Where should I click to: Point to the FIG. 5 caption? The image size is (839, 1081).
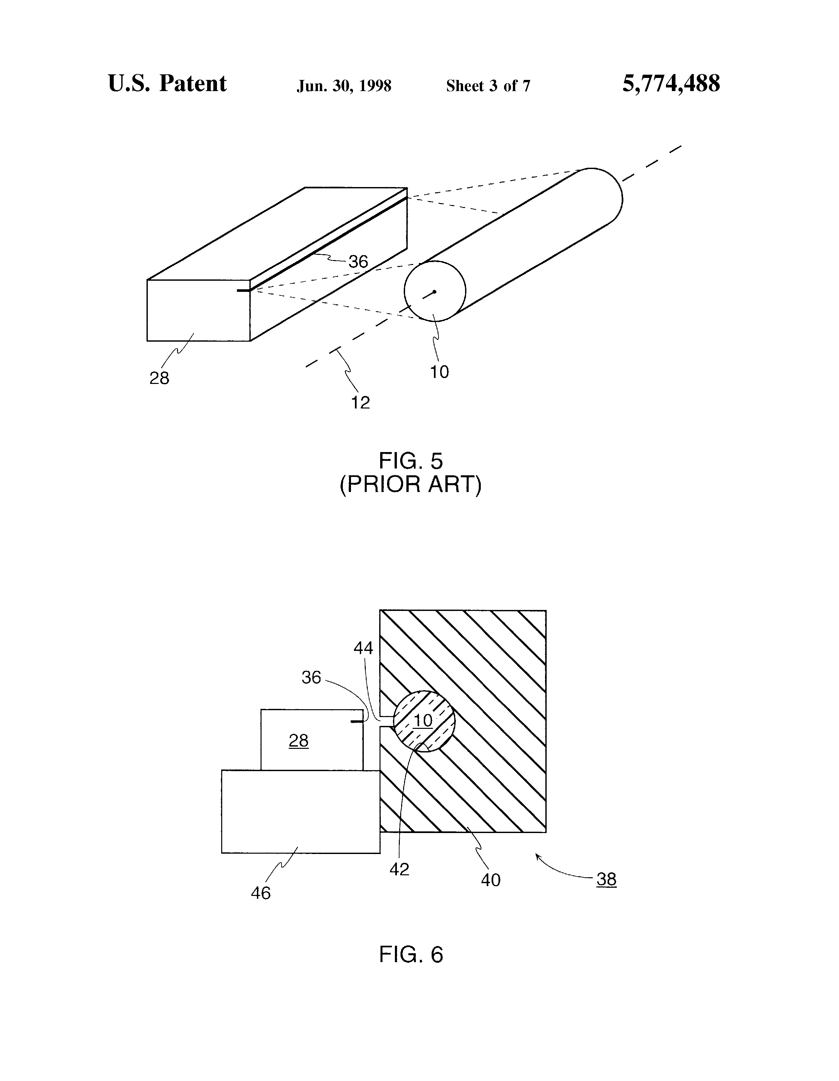point(411,461)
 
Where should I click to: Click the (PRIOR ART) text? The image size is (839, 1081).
point(411,484)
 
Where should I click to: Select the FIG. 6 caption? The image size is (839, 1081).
point(411,954)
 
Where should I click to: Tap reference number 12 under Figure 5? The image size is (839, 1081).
point(361,403)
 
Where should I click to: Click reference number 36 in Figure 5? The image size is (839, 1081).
point(358,262)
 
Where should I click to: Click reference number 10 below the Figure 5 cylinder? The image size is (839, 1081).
point(439,372)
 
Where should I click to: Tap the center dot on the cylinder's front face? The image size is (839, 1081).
point(434,292)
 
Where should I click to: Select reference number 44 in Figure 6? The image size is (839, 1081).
point(363,648)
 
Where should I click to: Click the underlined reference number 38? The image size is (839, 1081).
point(606,879)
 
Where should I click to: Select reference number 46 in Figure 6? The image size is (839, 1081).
point(261,893)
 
